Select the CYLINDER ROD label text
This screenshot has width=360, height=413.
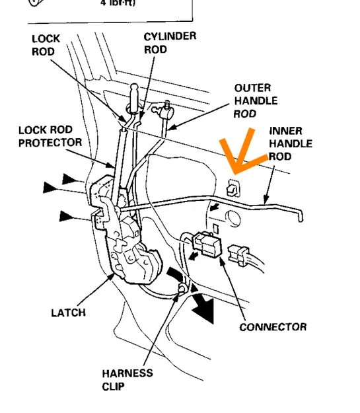(170, 43)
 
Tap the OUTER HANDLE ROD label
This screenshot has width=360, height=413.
(255, 100)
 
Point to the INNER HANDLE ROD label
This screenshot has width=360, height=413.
(290, 144)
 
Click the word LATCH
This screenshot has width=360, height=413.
(68, 312)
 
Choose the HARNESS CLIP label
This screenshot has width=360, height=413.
(127, 379)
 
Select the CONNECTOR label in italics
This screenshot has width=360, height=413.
(273, 326)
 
